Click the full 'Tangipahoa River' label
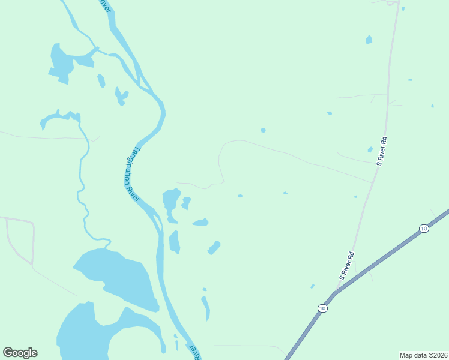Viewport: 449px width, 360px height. click(x=131, y=174)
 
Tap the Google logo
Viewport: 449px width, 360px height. click(x=20, y=353)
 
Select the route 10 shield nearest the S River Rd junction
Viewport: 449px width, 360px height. click(x=323, y=308)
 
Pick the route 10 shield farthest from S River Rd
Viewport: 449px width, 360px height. click(x=424, y=229)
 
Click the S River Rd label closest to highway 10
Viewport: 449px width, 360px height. click(x=347, y=266)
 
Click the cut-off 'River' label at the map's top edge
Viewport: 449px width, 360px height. click(x=105, y=5)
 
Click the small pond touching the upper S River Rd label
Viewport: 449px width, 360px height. click(x=370, y=149)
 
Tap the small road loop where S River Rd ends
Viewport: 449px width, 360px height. click(x=392, y=3)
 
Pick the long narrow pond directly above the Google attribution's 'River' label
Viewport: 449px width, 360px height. click(x=206, y=308)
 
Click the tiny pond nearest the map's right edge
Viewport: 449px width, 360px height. click(x=432, y=106)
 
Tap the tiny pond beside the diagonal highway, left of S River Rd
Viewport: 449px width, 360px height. click(x=312, y=286)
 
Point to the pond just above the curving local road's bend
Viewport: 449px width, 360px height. click(x=263, y=130)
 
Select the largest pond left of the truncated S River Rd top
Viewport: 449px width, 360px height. click(x=369, y=40)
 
